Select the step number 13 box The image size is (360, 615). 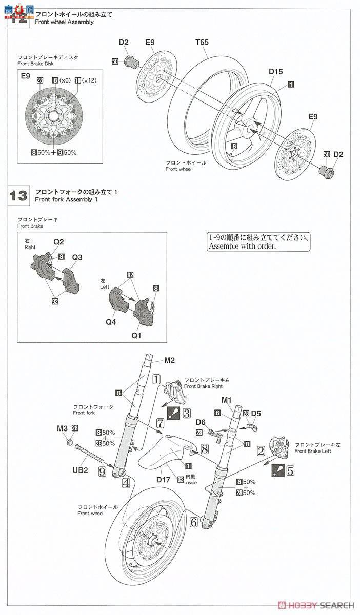18,195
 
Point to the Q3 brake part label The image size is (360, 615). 77,257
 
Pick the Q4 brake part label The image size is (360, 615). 111,322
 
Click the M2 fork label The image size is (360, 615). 170,360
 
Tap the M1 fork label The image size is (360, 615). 227,400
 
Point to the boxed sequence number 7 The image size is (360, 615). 160,423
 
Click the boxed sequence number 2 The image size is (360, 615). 261,451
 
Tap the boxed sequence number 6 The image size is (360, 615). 193,522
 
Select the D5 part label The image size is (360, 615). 256,413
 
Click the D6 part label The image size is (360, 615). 201,422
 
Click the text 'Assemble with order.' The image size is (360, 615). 242,246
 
